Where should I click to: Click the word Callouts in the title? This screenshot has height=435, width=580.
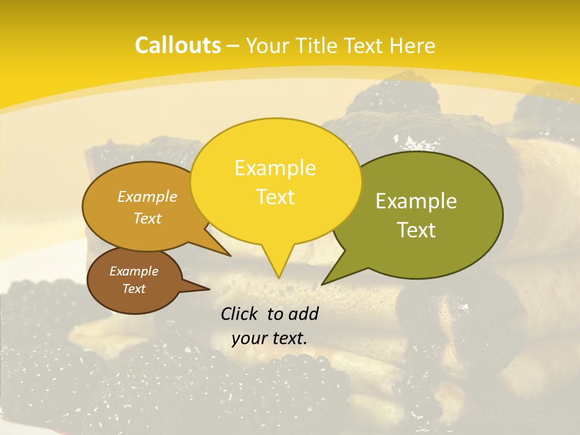tap(178, 45)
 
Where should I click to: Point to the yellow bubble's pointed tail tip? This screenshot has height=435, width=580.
tap(279, 277)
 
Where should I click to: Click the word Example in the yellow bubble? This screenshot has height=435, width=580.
tap(275, 168)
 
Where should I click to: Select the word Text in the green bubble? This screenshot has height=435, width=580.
tap(417, 230)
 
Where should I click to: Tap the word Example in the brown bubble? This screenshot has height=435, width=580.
tap(134, 271)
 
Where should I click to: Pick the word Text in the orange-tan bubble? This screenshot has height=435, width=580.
tap(147, 218)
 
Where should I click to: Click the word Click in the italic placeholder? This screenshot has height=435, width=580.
tap(240, 313)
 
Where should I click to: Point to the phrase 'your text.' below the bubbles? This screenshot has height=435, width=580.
tap(269, 338)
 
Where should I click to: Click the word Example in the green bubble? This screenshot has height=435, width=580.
tap(416, 201)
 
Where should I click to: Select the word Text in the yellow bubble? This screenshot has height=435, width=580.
tap(275, 197)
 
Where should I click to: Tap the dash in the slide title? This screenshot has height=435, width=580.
tap(234, 45)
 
